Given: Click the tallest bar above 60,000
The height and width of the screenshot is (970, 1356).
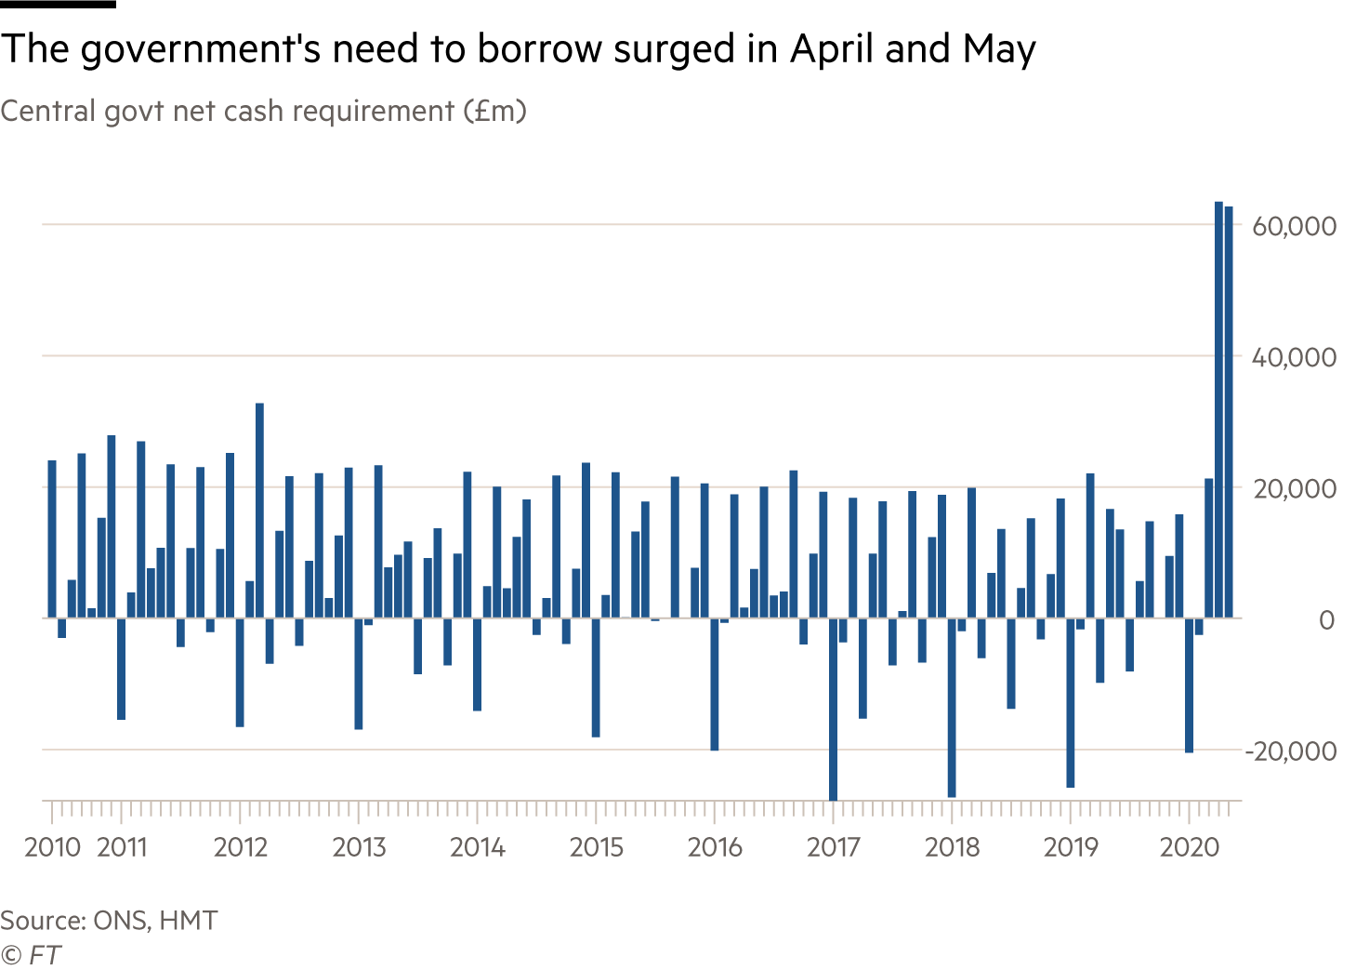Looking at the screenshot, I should click(1218, 409).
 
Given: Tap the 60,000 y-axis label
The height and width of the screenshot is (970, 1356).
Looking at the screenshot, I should click(1294, 226).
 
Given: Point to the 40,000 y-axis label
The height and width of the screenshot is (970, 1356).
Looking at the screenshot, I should click(1294, 357).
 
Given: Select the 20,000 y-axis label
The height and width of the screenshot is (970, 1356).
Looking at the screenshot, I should click(1294, 488).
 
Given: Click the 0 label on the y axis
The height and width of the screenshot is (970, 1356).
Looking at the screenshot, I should click(1326, 620).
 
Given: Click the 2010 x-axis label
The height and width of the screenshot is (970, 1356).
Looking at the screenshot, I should click(53, 847).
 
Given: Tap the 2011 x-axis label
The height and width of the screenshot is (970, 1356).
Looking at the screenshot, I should click(122, 847).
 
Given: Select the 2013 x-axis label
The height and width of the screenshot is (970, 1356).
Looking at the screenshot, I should click(359, 847).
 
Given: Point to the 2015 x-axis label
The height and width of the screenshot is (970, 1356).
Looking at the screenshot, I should click(596, 847).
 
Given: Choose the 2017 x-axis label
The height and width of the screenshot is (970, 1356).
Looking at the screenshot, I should click(833, 847).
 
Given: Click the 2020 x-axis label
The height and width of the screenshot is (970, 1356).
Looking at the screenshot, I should click(1190, 847).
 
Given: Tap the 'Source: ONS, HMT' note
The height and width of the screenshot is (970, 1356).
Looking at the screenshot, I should click(109, 921).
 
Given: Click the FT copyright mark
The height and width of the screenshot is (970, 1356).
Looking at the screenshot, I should click(31, 955).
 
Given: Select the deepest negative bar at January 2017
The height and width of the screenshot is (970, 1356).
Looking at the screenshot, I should click(833, 709).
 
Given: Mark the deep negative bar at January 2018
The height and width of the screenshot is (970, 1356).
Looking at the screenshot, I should click(952, 707).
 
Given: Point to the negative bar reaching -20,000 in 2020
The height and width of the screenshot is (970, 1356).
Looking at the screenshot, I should click(1189, 684).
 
